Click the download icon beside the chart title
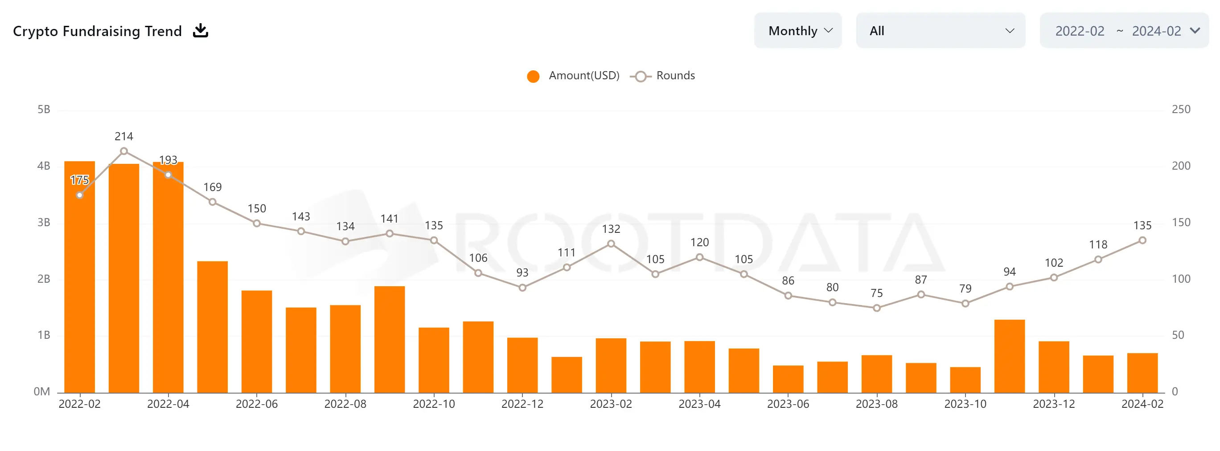(200, 31)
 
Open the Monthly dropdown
(797, 31)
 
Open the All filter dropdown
(940, 31)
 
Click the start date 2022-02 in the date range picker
(1079, 31)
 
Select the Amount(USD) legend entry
(574, 76)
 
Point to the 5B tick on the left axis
(44, 110)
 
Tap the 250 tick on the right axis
(1181, 110)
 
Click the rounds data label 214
(123, 136)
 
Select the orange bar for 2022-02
(79, 284)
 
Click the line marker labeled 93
(522, 288)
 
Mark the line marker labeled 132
(611, 244)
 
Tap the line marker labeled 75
(877, 308)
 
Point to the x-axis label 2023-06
(788, 404)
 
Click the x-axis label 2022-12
(522, 404)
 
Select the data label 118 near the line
(1098, 245)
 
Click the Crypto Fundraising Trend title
(97, 31)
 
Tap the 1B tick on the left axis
(44, 335)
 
